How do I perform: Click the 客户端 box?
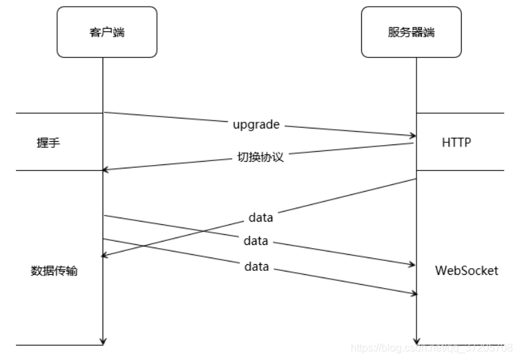point(106,32)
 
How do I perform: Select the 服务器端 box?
point(411,32)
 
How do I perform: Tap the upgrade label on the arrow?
point(256,124)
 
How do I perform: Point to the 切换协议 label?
point(260,158)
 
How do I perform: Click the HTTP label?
point(456,142)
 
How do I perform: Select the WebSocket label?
point(466,271)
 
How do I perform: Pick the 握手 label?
point(49,142)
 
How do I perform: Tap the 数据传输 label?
point(54,271)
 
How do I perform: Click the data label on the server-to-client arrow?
point(261,217)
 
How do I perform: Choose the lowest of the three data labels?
point(256,267)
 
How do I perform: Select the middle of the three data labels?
point(256,241)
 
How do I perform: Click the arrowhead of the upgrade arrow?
point(413,136)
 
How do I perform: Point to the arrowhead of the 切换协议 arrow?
point(106,170)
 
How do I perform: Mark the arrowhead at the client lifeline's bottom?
point(103,341)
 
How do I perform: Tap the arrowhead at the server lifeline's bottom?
point(417,341)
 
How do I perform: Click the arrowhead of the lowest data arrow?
point(413,293)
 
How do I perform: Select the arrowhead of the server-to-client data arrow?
point(106,256)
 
